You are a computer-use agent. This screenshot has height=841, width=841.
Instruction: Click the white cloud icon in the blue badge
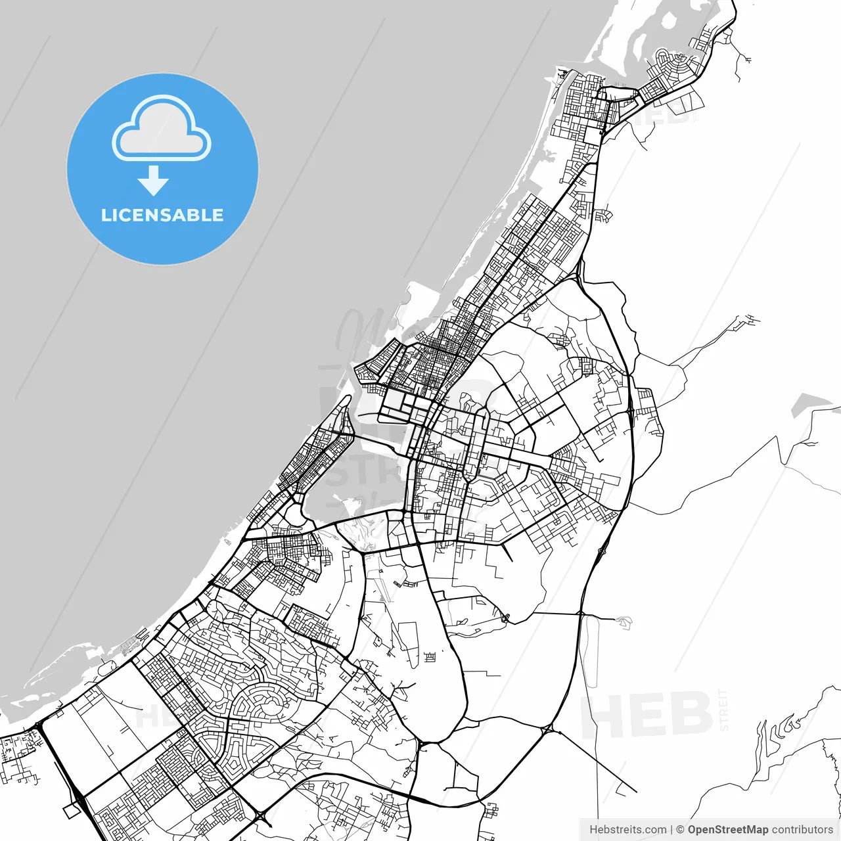coord(162,129)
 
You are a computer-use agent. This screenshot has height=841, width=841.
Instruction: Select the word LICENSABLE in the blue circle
coord(162,215)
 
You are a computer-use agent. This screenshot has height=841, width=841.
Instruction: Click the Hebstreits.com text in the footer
coord(627,830)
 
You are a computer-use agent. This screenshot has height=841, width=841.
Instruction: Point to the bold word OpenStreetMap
coord(727,830)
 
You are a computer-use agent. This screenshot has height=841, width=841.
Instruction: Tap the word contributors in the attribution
coord(802,830)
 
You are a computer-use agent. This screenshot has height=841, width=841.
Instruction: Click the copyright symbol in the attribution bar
coord(680,830)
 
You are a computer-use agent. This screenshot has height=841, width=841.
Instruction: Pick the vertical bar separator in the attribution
coord(671,830)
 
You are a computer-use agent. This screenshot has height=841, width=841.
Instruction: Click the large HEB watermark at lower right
coord(647,715)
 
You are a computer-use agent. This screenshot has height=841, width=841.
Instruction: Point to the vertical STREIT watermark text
coord(724,710)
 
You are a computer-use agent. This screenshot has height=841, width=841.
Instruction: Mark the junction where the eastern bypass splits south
coord(547,728)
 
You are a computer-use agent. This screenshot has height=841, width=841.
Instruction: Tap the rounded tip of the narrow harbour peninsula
coord(346,400)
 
